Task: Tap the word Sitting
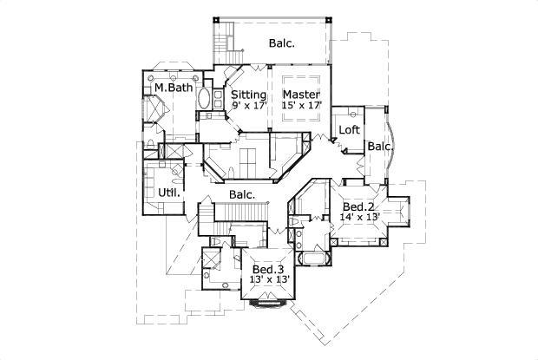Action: click(248, 95)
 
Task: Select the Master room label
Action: click(301, 95)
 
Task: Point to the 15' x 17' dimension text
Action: click(301, 106)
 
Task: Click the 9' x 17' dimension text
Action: click(248, 106)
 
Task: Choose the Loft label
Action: click(349, 130)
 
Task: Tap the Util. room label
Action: click(168, 193)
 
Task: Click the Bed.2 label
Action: click(358, 207)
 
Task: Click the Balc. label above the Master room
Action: click(281, 42)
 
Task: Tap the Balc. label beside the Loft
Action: click(378, 147)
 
